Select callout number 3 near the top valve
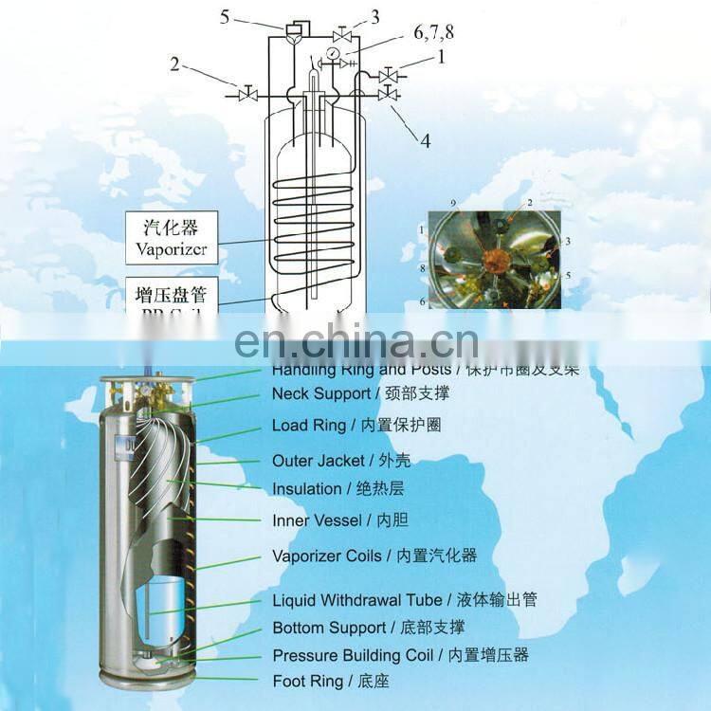[x=374, y=16]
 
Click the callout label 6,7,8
[x=433, y=32]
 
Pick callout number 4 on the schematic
[x=426, y=140]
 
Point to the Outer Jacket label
[x=318, y=461]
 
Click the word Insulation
[x=306, y=489]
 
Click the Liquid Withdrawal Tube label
[x=356, y=600]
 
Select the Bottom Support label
[x=329, y=628]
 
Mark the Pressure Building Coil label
[x=353, y=655]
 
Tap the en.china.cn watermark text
[x=355, y=339]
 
